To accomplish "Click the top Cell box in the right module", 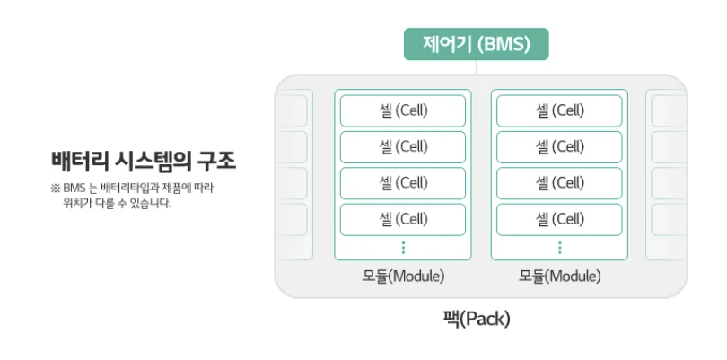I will (559, 111).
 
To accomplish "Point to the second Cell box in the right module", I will (559, 147).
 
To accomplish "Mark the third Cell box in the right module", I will (559, 183).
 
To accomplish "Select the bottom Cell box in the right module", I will (559, 219).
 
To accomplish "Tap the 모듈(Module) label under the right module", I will (559, 276).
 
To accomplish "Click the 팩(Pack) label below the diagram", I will (477, 318).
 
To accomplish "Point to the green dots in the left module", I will (403, 247).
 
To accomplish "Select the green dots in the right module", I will (559, 247).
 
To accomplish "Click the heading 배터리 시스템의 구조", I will (144, 162).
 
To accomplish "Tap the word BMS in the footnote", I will (73, 189).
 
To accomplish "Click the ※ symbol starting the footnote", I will (56, 189).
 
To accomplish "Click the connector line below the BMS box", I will (476, 67).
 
